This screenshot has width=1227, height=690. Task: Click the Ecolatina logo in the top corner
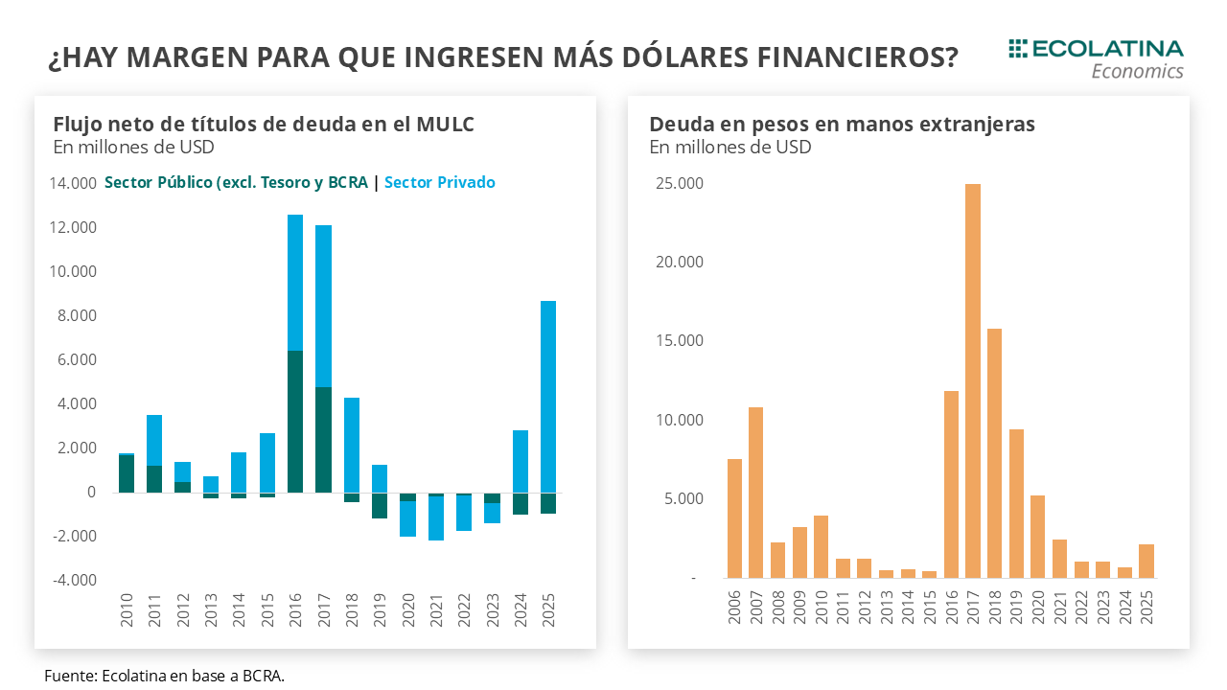coord(1096,58)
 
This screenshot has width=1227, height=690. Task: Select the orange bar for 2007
coord(755,493)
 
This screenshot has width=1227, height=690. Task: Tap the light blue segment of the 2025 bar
coord(548,396)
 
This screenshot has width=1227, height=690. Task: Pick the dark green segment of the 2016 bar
coord(295,422)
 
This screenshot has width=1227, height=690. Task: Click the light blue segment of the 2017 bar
coord(323,306)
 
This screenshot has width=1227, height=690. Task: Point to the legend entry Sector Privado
coord(439,182)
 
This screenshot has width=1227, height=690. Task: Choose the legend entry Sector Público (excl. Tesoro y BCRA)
coord(236,182)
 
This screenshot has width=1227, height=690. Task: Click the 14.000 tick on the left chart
coord(72,183)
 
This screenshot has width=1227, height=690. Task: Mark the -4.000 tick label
coord(72,580)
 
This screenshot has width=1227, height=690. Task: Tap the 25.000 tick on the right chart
coord(680,183)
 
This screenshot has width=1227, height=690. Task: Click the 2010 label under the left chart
coord(127,610)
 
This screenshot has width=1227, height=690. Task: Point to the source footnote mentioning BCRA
coord(164,676)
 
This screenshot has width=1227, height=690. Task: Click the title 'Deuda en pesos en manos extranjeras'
coord(842,125)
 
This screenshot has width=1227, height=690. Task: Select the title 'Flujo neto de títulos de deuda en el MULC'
coord(264,125)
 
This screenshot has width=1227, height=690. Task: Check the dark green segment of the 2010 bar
coord(127,473)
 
